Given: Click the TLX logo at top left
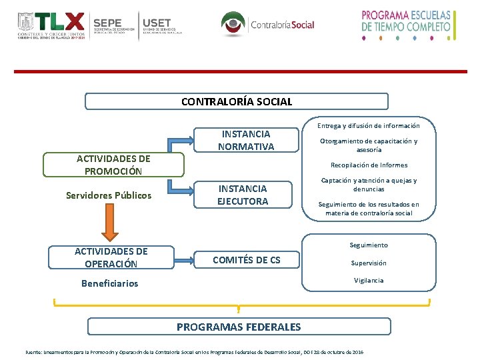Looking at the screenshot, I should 52,25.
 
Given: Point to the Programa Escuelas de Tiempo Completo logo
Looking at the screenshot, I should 406,25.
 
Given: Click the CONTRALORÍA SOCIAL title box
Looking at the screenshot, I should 237,101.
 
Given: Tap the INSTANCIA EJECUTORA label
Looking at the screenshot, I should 243,195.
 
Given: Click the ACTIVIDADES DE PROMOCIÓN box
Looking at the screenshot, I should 113,165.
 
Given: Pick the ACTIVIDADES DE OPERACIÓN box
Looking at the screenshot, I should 111,257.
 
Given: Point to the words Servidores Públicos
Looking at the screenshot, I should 109,195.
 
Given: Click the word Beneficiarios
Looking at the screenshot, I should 109,283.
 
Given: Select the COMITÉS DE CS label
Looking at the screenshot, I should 246,260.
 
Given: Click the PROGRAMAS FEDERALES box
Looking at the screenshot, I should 238,327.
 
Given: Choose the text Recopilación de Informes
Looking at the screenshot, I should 369,165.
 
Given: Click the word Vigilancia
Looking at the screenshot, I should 369,281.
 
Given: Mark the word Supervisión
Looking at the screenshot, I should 369,263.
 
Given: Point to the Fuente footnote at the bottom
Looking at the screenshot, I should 194,351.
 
